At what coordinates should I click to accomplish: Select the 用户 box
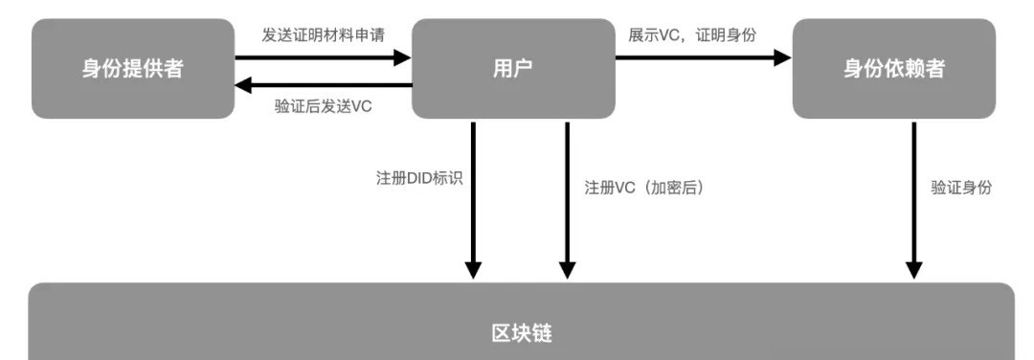click(513, 69)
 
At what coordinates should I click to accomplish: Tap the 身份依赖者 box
click(893, 69)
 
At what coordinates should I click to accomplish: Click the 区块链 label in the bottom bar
click(521, 333)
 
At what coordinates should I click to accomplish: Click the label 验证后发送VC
click(324, 106)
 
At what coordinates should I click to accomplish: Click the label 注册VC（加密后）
click(643, 189)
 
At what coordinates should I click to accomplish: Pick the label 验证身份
click(961, 189)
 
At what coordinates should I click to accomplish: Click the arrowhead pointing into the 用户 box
click(401, 57)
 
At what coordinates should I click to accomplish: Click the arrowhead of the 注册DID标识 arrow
click(472, 268)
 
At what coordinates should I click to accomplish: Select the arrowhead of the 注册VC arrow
click(567, 268)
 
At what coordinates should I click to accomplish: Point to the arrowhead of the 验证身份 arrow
click(913, 268)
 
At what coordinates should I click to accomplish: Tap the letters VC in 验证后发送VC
click(361, 106)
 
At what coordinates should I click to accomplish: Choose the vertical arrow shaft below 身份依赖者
click(913, 191)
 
